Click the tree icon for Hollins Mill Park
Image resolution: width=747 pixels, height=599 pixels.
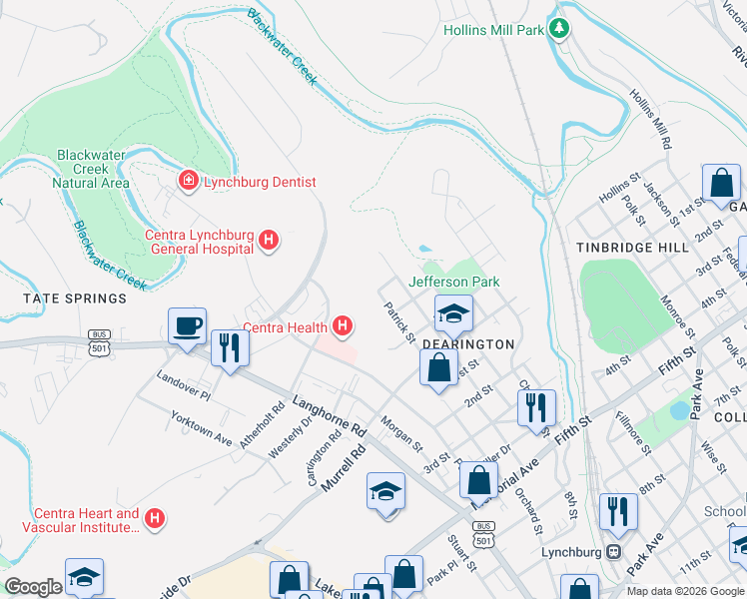point(560,29)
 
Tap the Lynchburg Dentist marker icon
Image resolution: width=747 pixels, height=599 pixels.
point(187,181)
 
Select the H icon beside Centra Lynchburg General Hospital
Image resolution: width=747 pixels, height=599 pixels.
point(268,240)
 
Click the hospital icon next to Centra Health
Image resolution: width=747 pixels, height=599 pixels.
point(343,325)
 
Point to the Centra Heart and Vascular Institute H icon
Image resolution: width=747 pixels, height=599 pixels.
point(154,518)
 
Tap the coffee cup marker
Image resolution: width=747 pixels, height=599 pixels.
point(187,326)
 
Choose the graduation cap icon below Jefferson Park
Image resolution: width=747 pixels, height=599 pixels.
point(453,314)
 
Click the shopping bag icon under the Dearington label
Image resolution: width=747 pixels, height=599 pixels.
point(438,367)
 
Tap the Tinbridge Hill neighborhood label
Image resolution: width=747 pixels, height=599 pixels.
point(631,247)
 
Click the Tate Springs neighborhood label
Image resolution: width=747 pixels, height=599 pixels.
point(77,299)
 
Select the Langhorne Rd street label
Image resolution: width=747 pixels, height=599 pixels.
point(330,415)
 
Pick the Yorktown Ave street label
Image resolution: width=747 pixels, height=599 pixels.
point(201,428)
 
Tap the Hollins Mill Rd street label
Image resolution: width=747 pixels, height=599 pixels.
point(649,117)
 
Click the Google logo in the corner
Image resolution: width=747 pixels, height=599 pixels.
point(34,587)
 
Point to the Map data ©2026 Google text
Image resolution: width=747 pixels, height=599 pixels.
point(684,591)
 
